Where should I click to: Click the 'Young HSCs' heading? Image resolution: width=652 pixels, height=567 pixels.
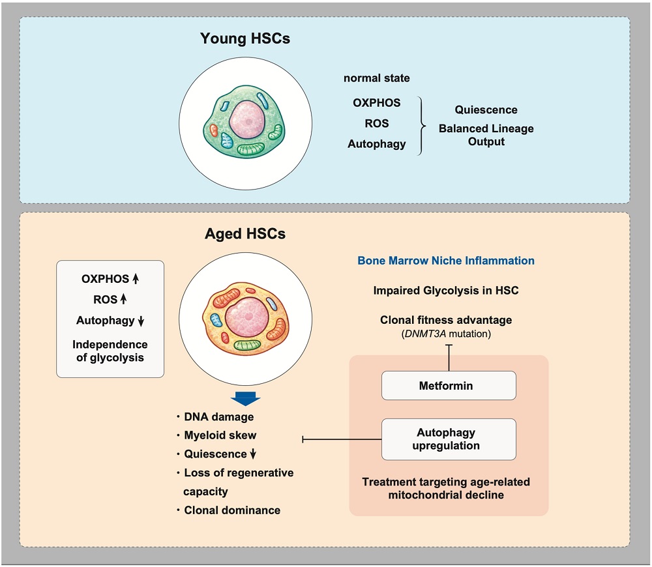(244, 38)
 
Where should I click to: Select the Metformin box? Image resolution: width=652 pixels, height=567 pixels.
(449, 385)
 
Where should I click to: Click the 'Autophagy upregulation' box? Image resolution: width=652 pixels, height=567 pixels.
(449, 439)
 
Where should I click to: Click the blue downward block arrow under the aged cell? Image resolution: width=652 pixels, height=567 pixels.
(246, 399)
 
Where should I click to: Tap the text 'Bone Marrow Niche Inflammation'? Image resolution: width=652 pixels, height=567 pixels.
(446, 261)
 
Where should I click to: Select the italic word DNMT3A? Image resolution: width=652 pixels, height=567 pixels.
(428, 333)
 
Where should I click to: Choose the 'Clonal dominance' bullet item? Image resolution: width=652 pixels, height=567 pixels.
(232, 510)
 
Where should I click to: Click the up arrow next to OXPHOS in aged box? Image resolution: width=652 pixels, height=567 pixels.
(136, 279)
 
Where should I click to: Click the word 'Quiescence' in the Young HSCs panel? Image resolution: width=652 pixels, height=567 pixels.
(486, 109)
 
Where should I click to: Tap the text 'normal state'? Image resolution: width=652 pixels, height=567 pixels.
(377, 78)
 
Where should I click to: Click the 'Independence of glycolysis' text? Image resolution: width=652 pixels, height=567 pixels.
(110, 350)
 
